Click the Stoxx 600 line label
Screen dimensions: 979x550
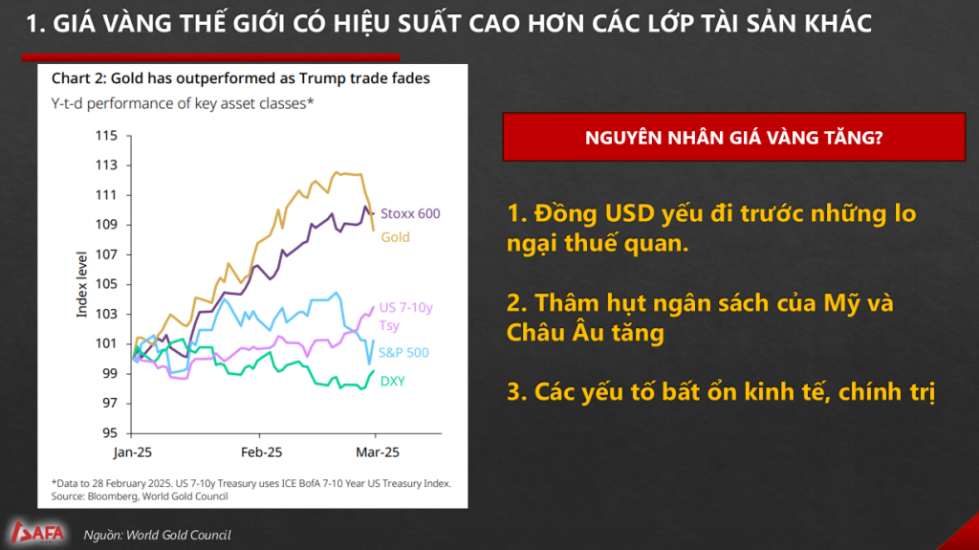tap(410, 213)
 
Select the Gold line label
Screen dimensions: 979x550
tap(395, 237)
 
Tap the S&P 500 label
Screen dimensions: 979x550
tap(403, 353)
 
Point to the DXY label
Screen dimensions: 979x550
tap(392, 382)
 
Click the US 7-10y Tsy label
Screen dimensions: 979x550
tap(405, 317)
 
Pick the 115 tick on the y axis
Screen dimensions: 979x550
tap(106, 136)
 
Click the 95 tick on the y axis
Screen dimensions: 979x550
tap(110, 432)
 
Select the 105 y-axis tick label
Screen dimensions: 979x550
tap(106, 284)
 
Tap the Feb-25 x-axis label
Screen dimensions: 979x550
tap(261, 451)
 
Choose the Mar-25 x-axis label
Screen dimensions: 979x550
tap(377, 451)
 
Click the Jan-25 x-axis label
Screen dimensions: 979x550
tap(132, 451)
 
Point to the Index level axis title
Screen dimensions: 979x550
tap(82, 284)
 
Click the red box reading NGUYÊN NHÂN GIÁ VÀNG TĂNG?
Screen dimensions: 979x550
tap(733, 137)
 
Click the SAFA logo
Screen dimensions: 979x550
tap(37, 533)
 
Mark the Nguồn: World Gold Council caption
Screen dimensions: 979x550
tap(158, 535)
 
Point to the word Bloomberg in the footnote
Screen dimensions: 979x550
tap(113, 496)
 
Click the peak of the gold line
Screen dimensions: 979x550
tap(337, 172)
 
